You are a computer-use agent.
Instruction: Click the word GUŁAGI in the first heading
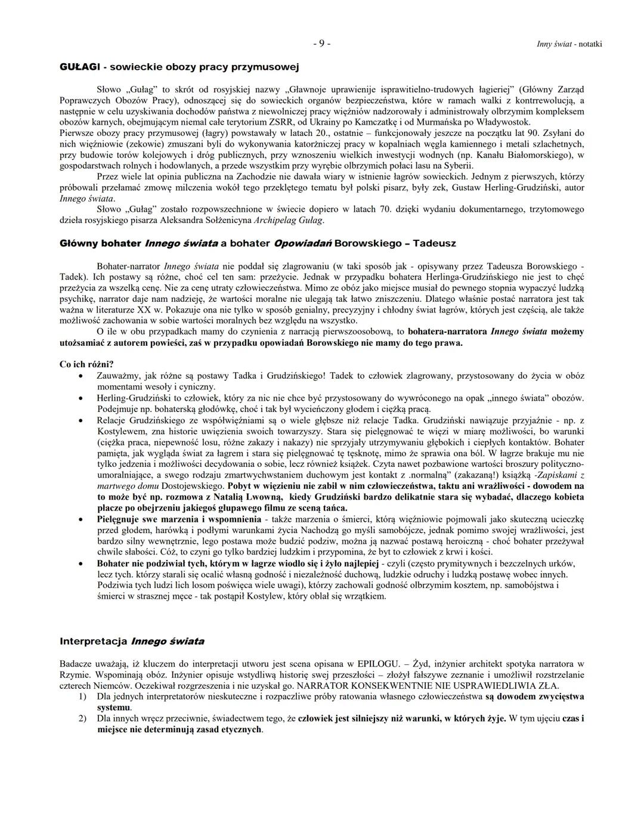click(x=79, y=66)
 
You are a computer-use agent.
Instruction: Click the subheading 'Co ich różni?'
click(x=86, y=364)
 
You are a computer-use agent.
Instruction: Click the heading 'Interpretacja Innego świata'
click(x=132, y=642)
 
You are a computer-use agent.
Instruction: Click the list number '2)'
click(x=83, y=718)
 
